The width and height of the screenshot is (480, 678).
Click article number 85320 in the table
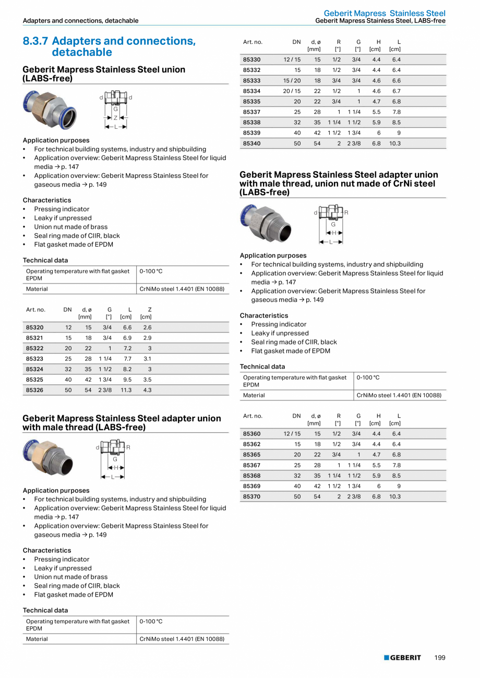pyautogui.click(x=34, y=328)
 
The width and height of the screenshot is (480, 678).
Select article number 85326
pyautogui.click(x=34, y=390)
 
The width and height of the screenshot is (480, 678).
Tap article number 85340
pyautogui.click(x=251, y=143)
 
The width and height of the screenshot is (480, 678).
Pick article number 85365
pyautogui.click(x=251, y=454)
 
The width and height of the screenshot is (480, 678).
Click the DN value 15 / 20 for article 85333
pyautogui.click(x=292, y=80)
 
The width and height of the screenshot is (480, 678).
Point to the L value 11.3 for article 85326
pyautogui.click(x=126, y=390)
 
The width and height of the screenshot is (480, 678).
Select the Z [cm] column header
pyautogui.click(x=146, y=313)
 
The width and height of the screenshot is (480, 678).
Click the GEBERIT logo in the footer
pyautogui.click(x=402, y=658)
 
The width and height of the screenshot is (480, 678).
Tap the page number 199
pyautogui.click(x=440, y=658)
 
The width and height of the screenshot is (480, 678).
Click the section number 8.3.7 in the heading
pyautogui.click(x=35, y=41)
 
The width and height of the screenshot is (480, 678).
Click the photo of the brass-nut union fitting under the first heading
pyautogui.click(x=50, y=109)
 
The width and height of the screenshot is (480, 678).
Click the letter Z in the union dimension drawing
pyautogui.click(x=115, y=118)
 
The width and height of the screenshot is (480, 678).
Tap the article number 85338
pyautogui.click(x=251, y=122)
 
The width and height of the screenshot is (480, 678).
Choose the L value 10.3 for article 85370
pyautogui.click(x=394, y=496)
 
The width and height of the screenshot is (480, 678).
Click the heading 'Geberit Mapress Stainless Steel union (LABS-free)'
pyautogui.click(x=103, y=74)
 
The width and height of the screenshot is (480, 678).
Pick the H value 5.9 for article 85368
pyautogui.click(x=376, y=475)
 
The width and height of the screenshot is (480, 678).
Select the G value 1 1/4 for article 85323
pyautogui.click(x=105, y=359)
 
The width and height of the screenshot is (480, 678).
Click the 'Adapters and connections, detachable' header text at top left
pyautogui.click(x=80, y=21)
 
